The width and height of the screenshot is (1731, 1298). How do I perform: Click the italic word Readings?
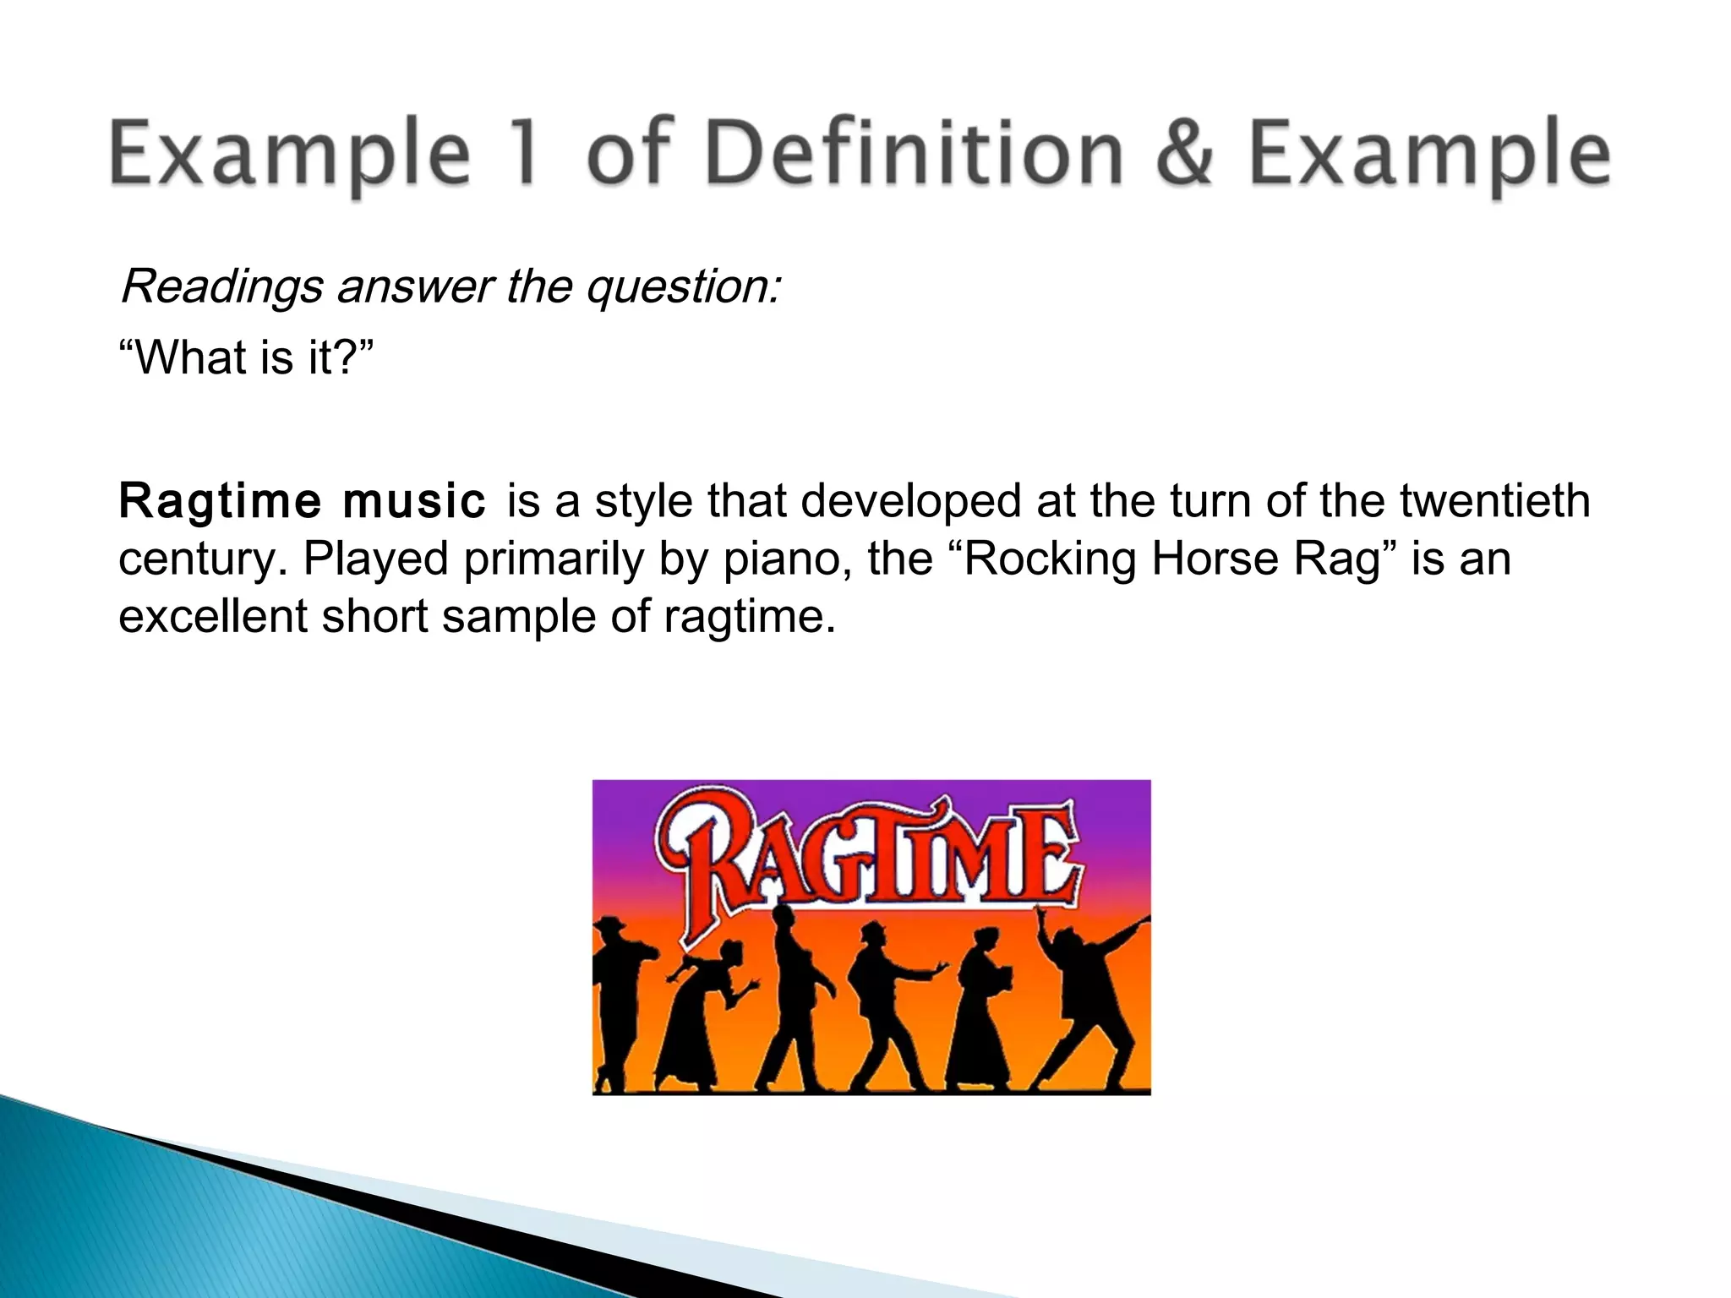[x=221, y=287]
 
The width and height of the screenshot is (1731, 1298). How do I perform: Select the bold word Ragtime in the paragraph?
[x=219, y=501]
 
